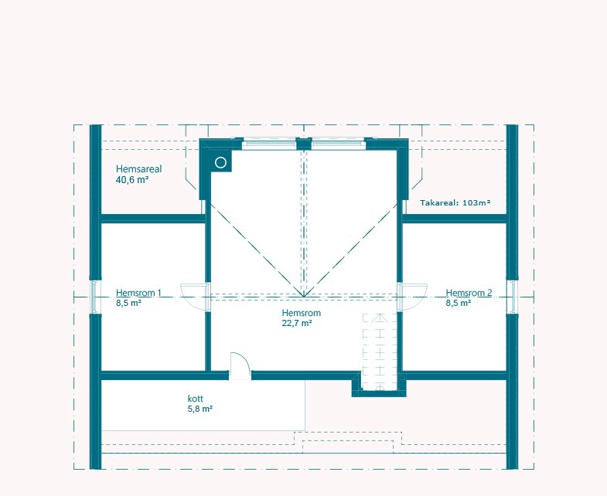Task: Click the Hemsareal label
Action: point(138,169)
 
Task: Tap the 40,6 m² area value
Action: point(132,180)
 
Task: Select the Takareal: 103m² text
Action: point(455,202)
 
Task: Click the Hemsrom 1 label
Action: point(138,293)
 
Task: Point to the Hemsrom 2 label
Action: point(469,293)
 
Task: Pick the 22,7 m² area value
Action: point(297,323)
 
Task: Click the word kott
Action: point(195,399)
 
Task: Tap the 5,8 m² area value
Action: point(200,409)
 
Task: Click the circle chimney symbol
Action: point(220,163)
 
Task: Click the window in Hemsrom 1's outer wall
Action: point(94,297)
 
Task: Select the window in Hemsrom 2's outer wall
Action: point(513,297)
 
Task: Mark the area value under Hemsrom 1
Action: point(128,303)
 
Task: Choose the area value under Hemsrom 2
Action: point(459,303)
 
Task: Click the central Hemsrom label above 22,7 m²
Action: point(301,313)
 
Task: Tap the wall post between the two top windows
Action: point(304,144)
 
